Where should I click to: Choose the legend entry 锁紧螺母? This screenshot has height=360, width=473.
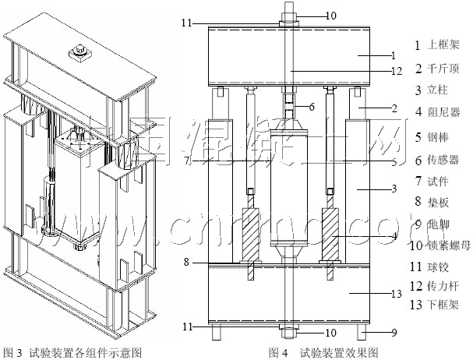tap(444, 246)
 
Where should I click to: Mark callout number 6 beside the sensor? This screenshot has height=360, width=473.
tap(310, 105)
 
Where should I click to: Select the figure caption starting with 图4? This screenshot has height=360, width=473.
tap(323, 352)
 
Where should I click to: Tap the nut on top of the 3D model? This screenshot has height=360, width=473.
tap(79, 53)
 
